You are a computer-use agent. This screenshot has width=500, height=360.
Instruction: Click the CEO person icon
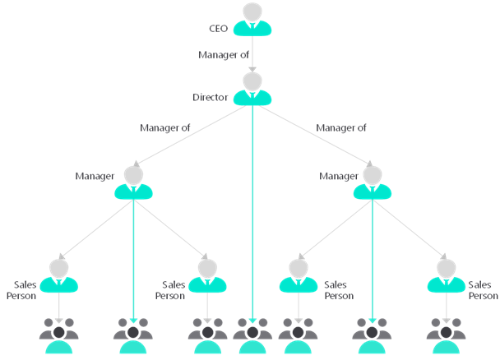252,21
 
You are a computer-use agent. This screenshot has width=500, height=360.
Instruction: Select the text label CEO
219,29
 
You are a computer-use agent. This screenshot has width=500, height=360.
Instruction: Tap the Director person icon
252,89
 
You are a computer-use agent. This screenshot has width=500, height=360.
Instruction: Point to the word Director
210,97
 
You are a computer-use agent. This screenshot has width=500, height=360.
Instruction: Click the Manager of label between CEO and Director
223,55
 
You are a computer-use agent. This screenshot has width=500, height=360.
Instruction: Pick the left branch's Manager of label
165,127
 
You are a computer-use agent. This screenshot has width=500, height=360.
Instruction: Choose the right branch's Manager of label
340,127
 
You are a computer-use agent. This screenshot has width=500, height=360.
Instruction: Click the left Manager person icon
133,182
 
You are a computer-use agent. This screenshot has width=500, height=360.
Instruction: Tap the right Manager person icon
372,182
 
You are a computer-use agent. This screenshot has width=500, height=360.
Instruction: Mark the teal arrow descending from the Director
252,214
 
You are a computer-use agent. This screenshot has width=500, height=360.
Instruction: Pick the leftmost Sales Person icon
59,275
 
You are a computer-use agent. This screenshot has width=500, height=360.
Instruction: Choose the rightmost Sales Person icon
446,275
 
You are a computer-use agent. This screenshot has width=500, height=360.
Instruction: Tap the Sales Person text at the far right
482,289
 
